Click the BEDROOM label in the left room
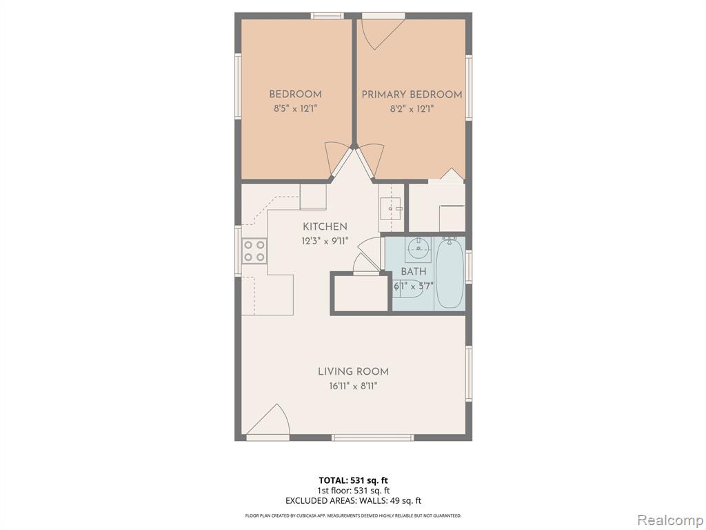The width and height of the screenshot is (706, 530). (x=295, y=94)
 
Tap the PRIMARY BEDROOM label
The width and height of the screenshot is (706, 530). (x=412, y=95)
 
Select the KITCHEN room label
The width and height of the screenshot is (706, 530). (x=325, y=226)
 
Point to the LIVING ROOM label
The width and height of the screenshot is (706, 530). (x=354, y=372)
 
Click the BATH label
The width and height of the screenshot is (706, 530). (x=414, y=272)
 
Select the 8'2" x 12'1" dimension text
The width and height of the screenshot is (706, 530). (x=412, y=108)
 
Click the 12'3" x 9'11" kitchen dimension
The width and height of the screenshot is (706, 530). (x=325, y=241)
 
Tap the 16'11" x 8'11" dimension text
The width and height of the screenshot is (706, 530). (x=353, y=386)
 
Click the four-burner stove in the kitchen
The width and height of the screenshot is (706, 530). (x=254, y=251)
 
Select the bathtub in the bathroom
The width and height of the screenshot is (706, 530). (x=450, y=273)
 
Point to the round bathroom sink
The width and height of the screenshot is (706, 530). (x=418, y=248)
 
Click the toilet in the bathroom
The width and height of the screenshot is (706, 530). (x=407, y=289)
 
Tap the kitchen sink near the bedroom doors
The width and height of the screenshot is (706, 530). (x=390, y=208)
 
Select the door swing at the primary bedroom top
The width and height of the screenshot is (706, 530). (x=383, y=33)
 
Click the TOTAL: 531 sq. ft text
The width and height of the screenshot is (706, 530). (x=354, y=480)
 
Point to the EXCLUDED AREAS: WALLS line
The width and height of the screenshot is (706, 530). (x=354, y=501)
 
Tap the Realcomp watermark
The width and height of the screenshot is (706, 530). (x=669, y=520)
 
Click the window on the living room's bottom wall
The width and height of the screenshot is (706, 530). (x=373, y=438)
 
